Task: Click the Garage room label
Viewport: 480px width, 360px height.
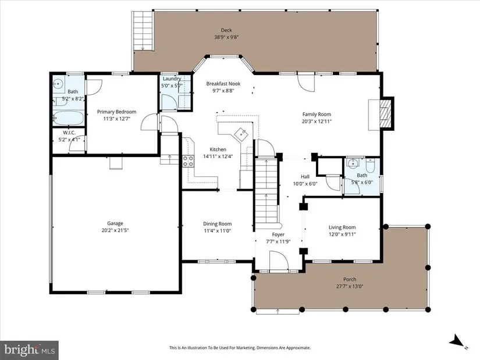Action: [x=115, y=223]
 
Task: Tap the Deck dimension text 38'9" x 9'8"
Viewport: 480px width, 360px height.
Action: [x=226, y=37]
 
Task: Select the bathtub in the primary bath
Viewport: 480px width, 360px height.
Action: [x=68, y=118]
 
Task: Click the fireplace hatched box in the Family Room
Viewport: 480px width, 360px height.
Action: [x=386, y=113]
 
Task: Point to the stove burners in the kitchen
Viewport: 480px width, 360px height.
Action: [x=189, y=161]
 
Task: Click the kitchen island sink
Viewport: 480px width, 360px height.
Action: [x=241, y=133]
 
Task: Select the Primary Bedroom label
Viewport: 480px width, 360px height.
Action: [x=116, y=112]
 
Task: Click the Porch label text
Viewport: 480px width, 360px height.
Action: [x=350, y=279]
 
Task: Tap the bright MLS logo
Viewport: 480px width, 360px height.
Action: [x=29, y=349]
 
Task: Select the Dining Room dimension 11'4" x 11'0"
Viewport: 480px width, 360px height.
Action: [x=217, y=231]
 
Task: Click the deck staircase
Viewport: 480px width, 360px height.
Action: [x=143, y=31]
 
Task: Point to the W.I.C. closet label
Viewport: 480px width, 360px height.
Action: [x=69, y=133]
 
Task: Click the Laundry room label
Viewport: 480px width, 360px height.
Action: [x=172, y=79]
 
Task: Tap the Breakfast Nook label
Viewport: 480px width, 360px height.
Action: [x=223, y=84]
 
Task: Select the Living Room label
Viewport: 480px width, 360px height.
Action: [x=342, y=227]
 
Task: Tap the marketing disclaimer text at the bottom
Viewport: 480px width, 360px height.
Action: [x=240, y=348]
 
